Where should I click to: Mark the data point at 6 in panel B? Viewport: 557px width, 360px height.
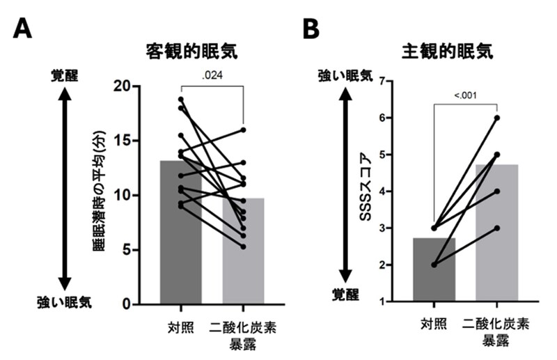click(497, 118)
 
